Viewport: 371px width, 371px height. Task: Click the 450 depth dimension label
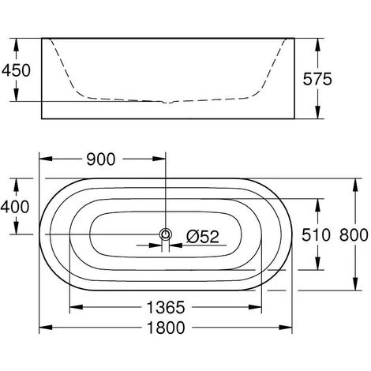coord(16,70)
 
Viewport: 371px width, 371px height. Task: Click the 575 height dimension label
coord(317,79)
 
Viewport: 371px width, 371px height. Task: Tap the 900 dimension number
coord(101,159)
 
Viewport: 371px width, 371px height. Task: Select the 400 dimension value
coord(15,207)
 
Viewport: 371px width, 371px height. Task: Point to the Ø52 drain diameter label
coord(203,237)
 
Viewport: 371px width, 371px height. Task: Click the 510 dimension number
coord(316,235)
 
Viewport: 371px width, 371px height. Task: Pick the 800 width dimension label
coord(354,235)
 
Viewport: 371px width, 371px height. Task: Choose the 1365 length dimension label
coord(166,307)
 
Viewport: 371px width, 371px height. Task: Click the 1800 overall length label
coord(166,328)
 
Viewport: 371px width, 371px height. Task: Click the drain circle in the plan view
coord(166,234)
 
